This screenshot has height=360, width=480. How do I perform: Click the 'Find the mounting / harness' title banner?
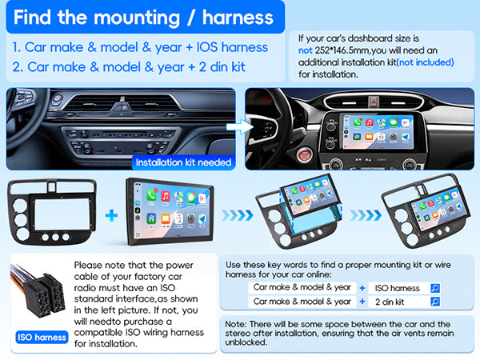click(x=146, y=17)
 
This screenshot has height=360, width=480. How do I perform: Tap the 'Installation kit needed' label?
click(x=183, y=162)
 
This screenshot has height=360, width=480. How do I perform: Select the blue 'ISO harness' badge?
click(x=42, y=338)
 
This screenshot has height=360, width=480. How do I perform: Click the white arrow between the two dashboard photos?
click(x=240, y=126)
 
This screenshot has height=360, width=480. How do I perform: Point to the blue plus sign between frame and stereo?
click(x=111, y=215)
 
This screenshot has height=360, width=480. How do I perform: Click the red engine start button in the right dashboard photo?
click(x=304, y=155)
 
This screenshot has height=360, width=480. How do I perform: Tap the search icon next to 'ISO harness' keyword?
click(x=435, y=288)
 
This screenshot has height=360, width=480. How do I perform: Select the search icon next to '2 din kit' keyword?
click(x=435, y=302)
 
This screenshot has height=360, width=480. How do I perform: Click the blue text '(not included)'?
click(x=426, y=62)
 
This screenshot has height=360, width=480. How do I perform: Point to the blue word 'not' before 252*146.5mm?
click(x=306, y=50)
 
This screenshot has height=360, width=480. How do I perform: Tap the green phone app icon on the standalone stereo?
click(x=151, y=195)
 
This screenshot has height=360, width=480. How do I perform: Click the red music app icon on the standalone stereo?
click(x=166, y=196)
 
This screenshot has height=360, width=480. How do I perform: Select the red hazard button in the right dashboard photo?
click(x=374, y=102)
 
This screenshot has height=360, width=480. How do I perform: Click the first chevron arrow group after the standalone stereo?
click(x=238, y=215)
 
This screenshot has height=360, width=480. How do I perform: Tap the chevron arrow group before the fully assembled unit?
click(x=366, y=215)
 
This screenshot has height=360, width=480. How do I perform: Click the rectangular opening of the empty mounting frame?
click(x=62, y=214)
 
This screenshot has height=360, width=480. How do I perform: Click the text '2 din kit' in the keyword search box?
click(x=390, y=302)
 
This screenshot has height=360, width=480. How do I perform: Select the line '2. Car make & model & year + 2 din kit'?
click(x=129, y=67)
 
